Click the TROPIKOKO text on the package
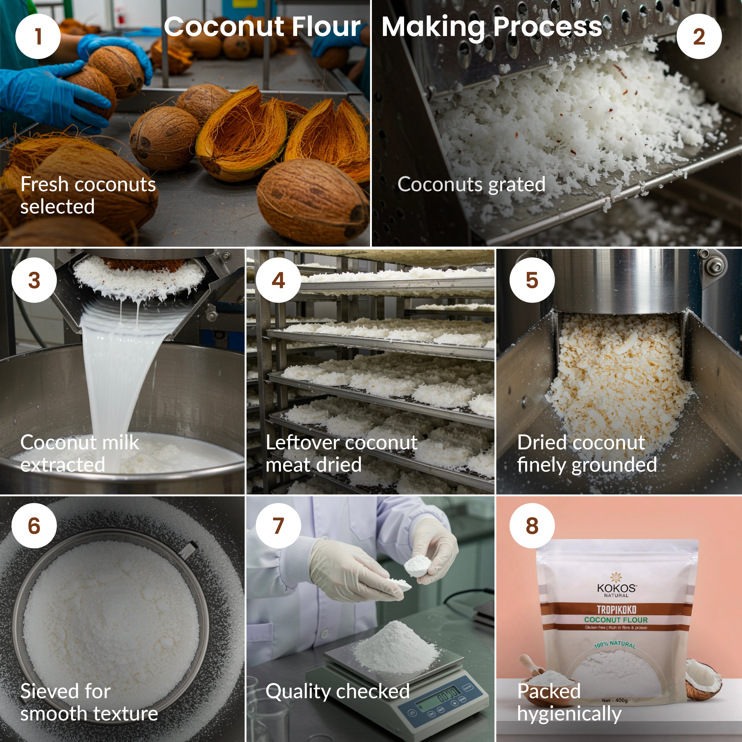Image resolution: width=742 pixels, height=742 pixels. point(616,610)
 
